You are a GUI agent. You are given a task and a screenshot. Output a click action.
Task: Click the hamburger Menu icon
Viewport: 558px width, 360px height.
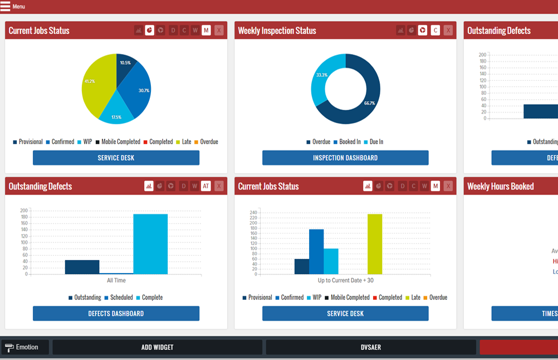pos(6,7)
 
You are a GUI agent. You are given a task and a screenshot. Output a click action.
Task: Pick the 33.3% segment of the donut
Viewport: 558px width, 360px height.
pos(322,78)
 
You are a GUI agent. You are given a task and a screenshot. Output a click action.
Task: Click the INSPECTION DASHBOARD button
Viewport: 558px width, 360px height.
pos(345,158)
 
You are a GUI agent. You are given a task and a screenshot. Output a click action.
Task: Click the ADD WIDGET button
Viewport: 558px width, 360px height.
pos(157,347)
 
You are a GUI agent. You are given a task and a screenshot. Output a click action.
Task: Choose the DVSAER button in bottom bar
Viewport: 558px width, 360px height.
pos(371,347)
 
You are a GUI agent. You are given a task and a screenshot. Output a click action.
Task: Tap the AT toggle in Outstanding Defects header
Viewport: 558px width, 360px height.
pos(206,186)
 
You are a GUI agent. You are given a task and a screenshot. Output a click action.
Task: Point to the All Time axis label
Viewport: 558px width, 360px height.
pos(116,280)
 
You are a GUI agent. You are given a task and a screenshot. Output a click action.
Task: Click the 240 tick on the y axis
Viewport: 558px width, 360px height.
pos(253,212)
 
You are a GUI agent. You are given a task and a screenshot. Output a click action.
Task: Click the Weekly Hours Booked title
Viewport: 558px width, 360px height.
pos(501,187)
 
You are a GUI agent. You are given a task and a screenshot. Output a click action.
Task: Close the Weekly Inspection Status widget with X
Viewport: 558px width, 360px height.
pos(448,31)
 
